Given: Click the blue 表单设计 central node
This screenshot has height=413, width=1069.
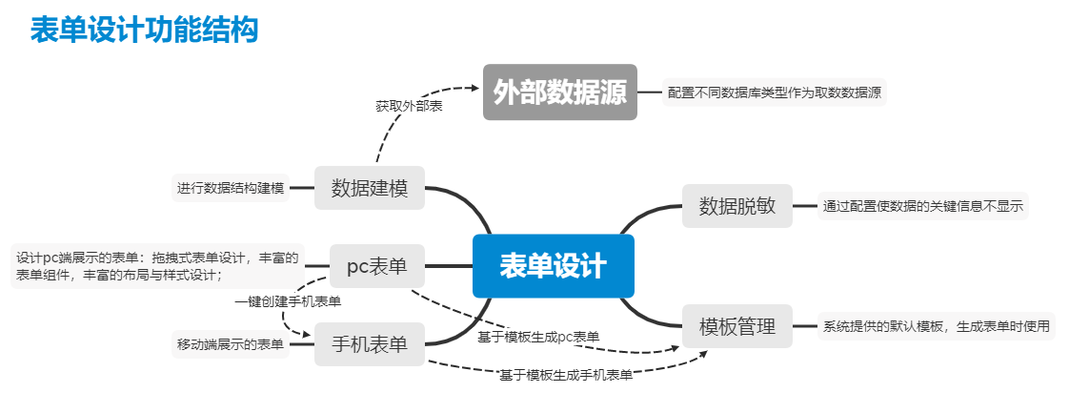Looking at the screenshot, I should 553,266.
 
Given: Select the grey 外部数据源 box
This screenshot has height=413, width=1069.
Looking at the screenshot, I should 559,92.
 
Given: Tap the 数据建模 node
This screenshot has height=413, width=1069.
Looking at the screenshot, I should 370,188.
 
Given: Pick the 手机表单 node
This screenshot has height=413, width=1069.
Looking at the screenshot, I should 370,344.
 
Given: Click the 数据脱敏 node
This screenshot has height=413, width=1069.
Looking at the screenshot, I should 737,205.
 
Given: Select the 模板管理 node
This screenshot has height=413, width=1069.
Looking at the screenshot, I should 737,326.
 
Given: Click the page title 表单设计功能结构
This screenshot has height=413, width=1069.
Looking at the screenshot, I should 144,30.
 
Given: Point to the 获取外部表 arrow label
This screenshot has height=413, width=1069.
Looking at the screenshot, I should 409,106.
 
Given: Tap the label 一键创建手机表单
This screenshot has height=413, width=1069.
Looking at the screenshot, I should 289,301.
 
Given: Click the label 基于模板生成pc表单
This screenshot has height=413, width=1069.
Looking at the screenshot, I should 538,337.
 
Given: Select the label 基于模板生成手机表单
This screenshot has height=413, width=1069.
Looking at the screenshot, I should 566,375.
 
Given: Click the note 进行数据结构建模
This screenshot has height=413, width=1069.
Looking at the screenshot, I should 231,188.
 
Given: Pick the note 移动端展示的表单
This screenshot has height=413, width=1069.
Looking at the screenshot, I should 231,344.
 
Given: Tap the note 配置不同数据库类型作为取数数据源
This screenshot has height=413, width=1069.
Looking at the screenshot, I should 774,93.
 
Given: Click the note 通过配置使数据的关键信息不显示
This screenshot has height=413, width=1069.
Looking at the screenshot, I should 923,205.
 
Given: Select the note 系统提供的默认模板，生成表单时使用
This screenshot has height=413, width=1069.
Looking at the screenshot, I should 937,326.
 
